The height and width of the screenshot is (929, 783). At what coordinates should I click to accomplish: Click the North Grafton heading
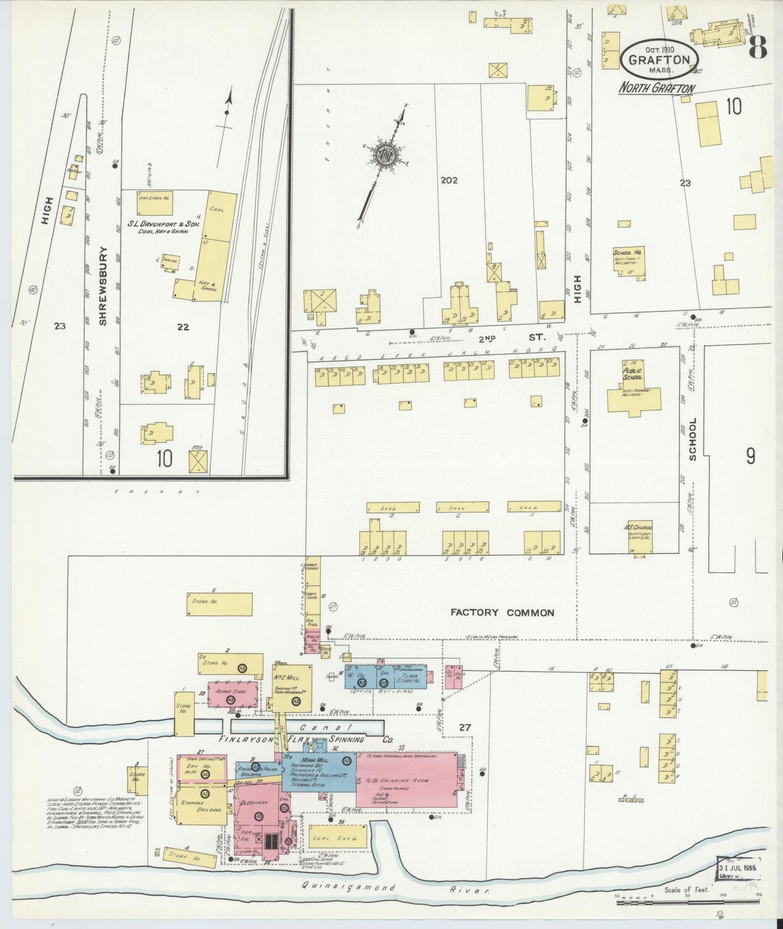(x=656, y=88)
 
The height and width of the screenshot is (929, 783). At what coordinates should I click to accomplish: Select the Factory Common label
(x=502, y=612)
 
